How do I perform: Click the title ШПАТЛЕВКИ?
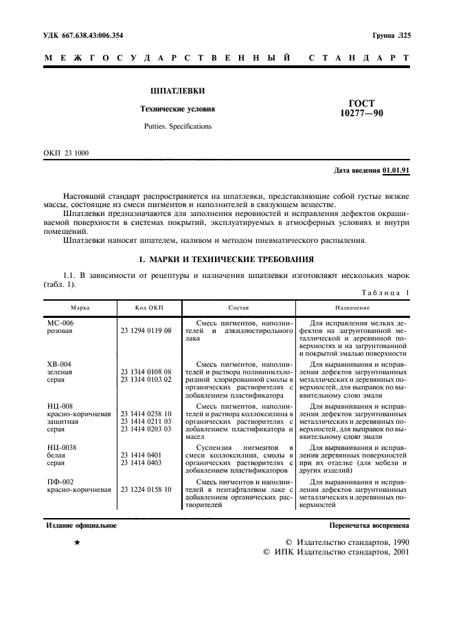177,91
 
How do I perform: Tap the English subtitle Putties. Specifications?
178,127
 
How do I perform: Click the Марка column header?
80,308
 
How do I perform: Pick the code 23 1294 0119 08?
146,331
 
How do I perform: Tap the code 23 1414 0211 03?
146,421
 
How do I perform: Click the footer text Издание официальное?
81,526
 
